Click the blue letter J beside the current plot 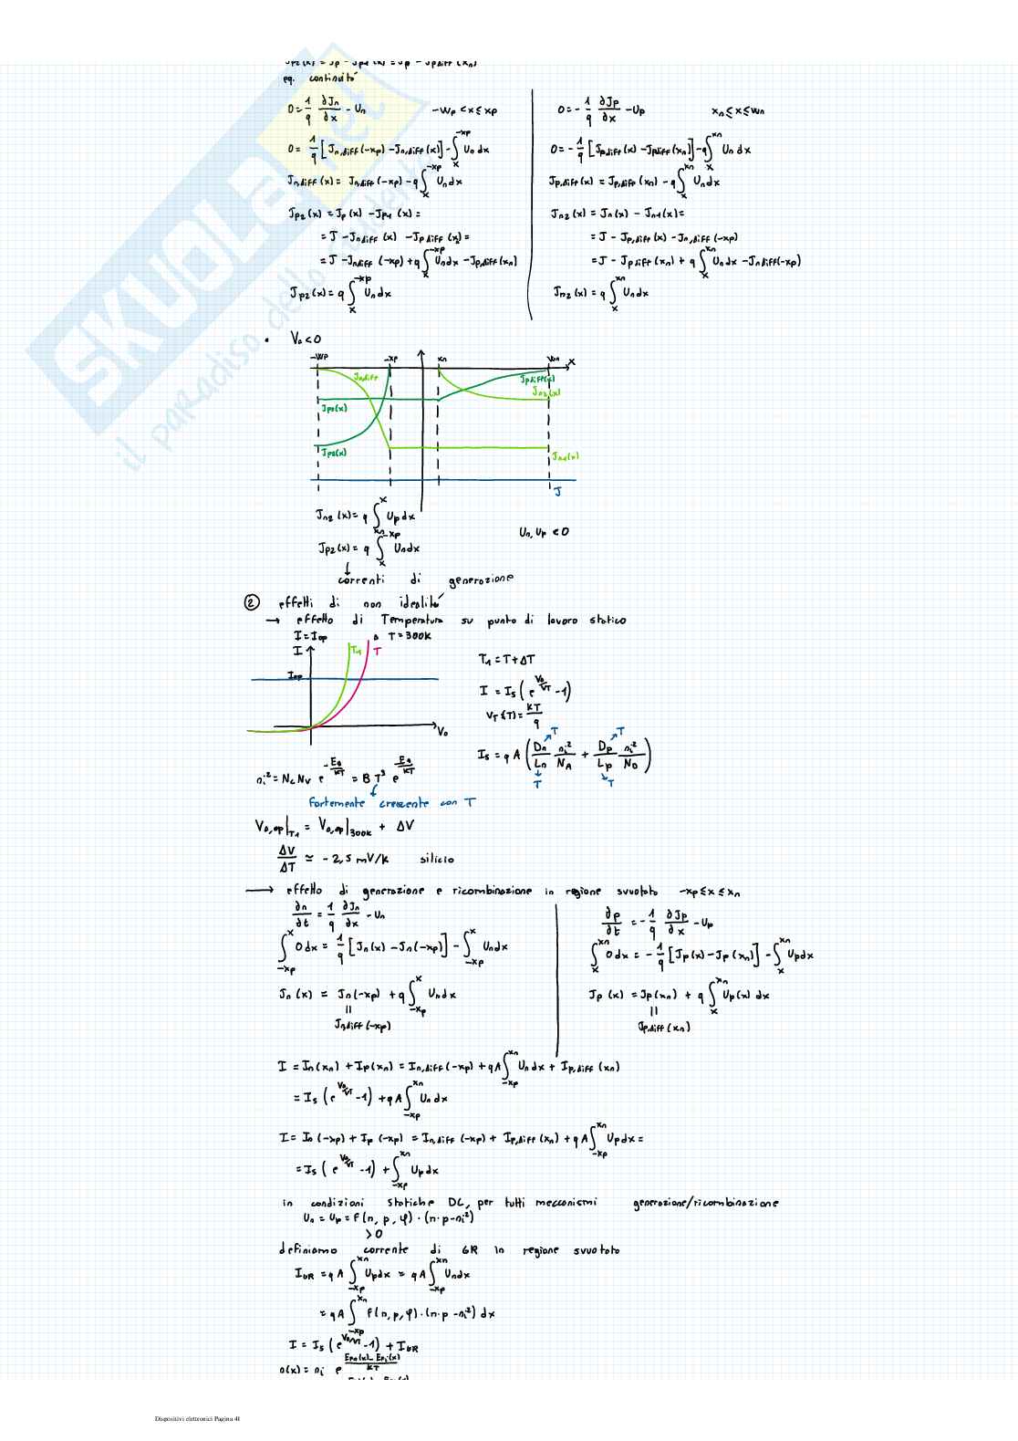pos(558,494)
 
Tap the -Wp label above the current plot pos(318,357)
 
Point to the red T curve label pos(377,652)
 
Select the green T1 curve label pos(356,651)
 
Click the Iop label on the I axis pos(295,676)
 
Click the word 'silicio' pos(436,859)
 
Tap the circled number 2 pos(253,602)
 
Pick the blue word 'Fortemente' pos(337,803)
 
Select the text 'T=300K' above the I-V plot pos(409,635)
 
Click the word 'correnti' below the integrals pos(360,579)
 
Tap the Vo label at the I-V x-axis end pos(442,731)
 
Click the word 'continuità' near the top pos(332,78)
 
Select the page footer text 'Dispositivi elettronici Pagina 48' pos(197,1418)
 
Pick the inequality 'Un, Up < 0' pos(544,532)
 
